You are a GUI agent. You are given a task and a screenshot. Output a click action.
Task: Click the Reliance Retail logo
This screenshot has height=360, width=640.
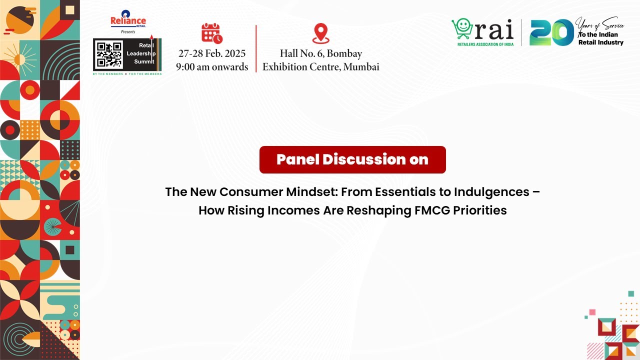[128, 20]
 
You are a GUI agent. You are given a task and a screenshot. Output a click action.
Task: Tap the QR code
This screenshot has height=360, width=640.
[109, 54]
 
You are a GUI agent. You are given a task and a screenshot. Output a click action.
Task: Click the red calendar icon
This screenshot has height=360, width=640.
[211, 33]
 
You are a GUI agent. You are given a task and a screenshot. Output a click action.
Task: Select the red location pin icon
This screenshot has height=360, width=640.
[321, 33]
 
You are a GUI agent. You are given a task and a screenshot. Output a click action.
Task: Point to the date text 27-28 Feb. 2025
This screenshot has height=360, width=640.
[212, 54]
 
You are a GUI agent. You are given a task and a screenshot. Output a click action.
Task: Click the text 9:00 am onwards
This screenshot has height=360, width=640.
[212, 67]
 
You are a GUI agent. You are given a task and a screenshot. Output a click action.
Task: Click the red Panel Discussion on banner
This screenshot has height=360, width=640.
[352, 159]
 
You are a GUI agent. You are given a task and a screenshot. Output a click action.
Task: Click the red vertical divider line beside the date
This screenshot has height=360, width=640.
[256, 48]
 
